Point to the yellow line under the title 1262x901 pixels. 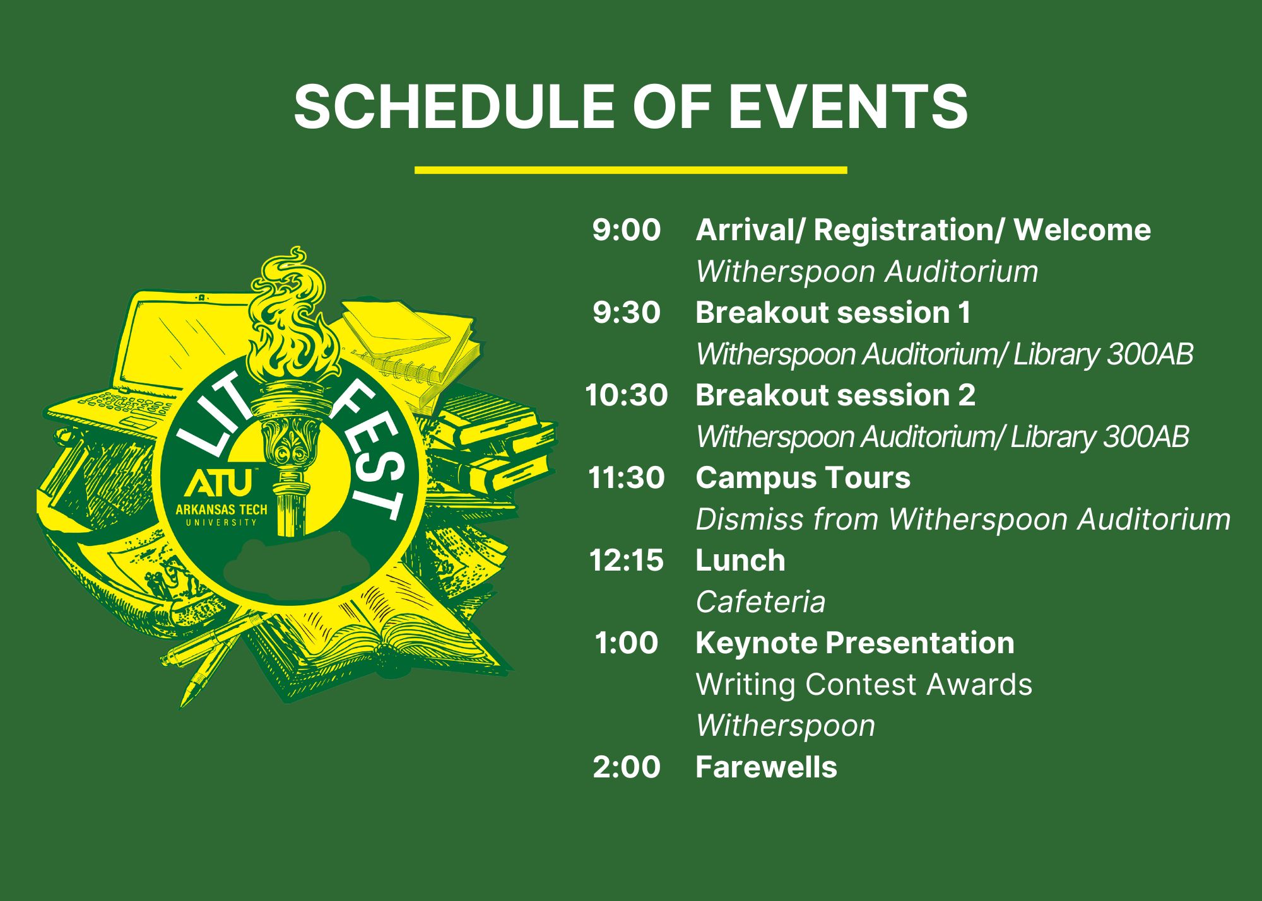(x=630, y=170)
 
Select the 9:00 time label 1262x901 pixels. (x=626, y=230)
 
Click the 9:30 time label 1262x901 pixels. (x=626, y=313)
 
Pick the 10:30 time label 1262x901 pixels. (x=626, y=395)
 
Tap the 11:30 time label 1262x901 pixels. (x=626, y=478)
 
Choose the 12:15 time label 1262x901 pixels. (x=626, y=561)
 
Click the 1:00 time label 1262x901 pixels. (x=626, y=643)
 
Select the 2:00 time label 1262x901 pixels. (x=626, y=767)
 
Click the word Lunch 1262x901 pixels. (x=740, y=561)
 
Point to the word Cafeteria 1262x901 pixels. (x=760, y=602)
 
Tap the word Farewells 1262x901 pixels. (x=766, y=767)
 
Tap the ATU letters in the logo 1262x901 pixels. (x=218, y=483)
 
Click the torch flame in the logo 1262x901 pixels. (x=287, y=315)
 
